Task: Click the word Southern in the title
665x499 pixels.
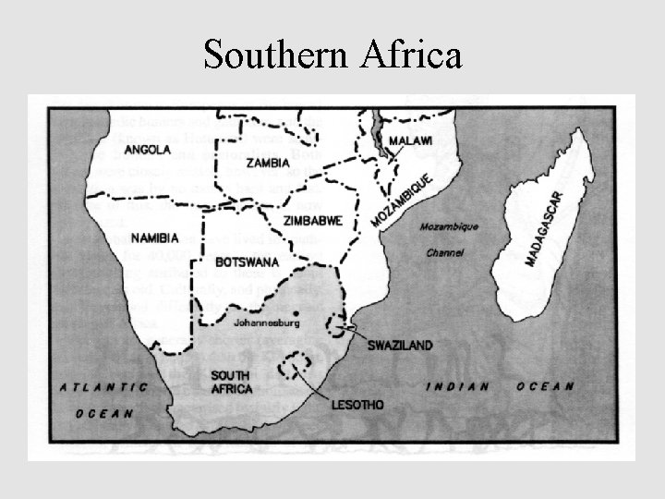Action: [272, 55]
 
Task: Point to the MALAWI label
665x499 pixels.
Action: [412, 140]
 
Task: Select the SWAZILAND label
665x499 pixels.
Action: [400, 346]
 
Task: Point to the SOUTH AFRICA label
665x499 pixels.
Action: [232, 382]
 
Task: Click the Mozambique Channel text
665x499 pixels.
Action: [448, 238]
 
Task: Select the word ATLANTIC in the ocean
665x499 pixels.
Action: [104, 386]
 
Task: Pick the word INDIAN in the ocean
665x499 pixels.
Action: [456, 386]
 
